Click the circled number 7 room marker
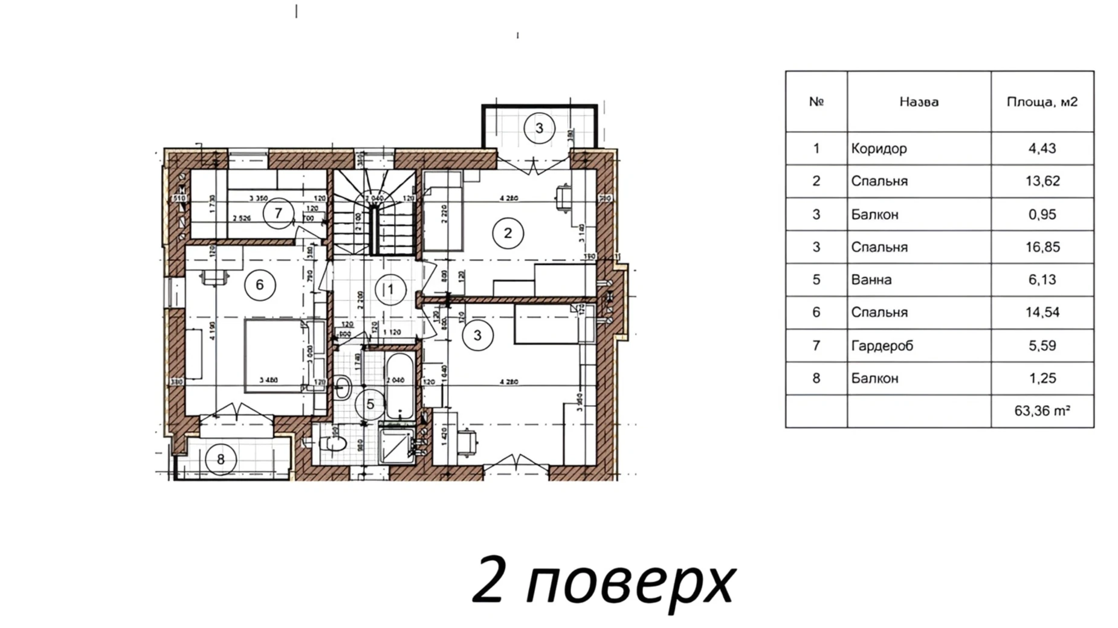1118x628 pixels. coord(278,213)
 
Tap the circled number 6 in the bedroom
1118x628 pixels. coord(260,285)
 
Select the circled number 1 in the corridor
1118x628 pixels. coord(390,290)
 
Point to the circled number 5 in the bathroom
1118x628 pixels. coord(370,405)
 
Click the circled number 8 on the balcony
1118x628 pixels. coord(221,460)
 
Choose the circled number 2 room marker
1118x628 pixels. coord(508,233)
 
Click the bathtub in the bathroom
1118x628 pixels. coord(399,386)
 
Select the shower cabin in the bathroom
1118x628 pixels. coord(396,446)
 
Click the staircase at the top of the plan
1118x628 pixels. coord(375,211)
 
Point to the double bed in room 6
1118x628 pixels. coord(275,356)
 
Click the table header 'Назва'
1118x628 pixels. coord(919,102)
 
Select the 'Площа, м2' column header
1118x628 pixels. coord(1042,102)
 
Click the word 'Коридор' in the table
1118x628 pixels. coord(879,149)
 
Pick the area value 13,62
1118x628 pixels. coord(1042,181)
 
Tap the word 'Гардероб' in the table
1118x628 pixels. coord(882,346)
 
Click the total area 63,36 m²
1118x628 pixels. coord(1042,411)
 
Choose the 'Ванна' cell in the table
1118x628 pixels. coord(871,280)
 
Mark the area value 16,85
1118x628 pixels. coord(1042,248)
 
